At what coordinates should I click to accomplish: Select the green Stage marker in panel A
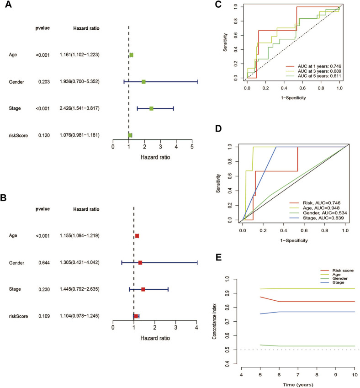tap(151, 109)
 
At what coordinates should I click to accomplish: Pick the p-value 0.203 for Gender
tap(42, 82)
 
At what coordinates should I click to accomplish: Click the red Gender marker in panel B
tap(140, 263)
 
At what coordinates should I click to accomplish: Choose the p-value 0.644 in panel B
tap(42, 263)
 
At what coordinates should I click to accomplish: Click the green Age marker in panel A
tap(132, 55)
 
